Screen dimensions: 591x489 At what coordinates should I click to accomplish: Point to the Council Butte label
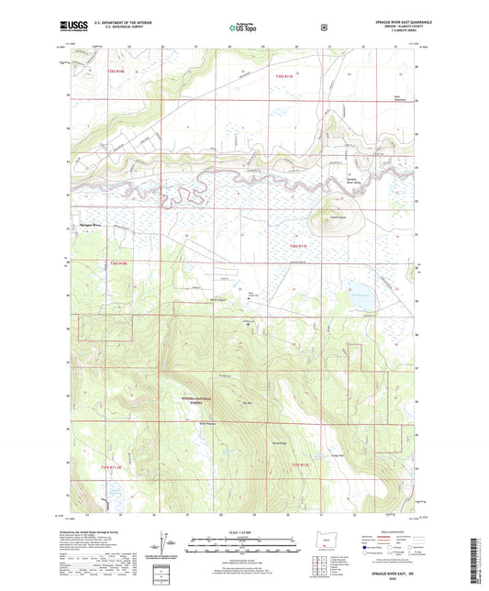324,216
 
